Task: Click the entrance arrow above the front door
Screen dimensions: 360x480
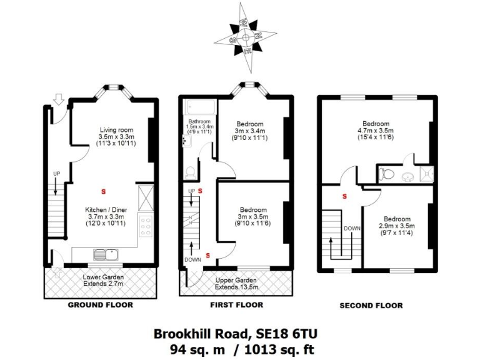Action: pyautogui.click(x=59, y=98)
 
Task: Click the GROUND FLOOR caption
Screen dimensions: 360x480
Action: pyautogui.click(x=100, y=305)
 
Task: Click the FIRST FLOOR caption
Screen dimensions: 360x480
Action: pyautogui.click(x=236, y=305)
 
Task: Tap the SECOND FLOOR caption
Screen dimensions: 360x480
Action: pyautogui.click(x=371, y=306)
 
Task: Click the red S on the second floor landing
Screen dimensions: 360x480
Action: pyautogui.click(x=344, y=197)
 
